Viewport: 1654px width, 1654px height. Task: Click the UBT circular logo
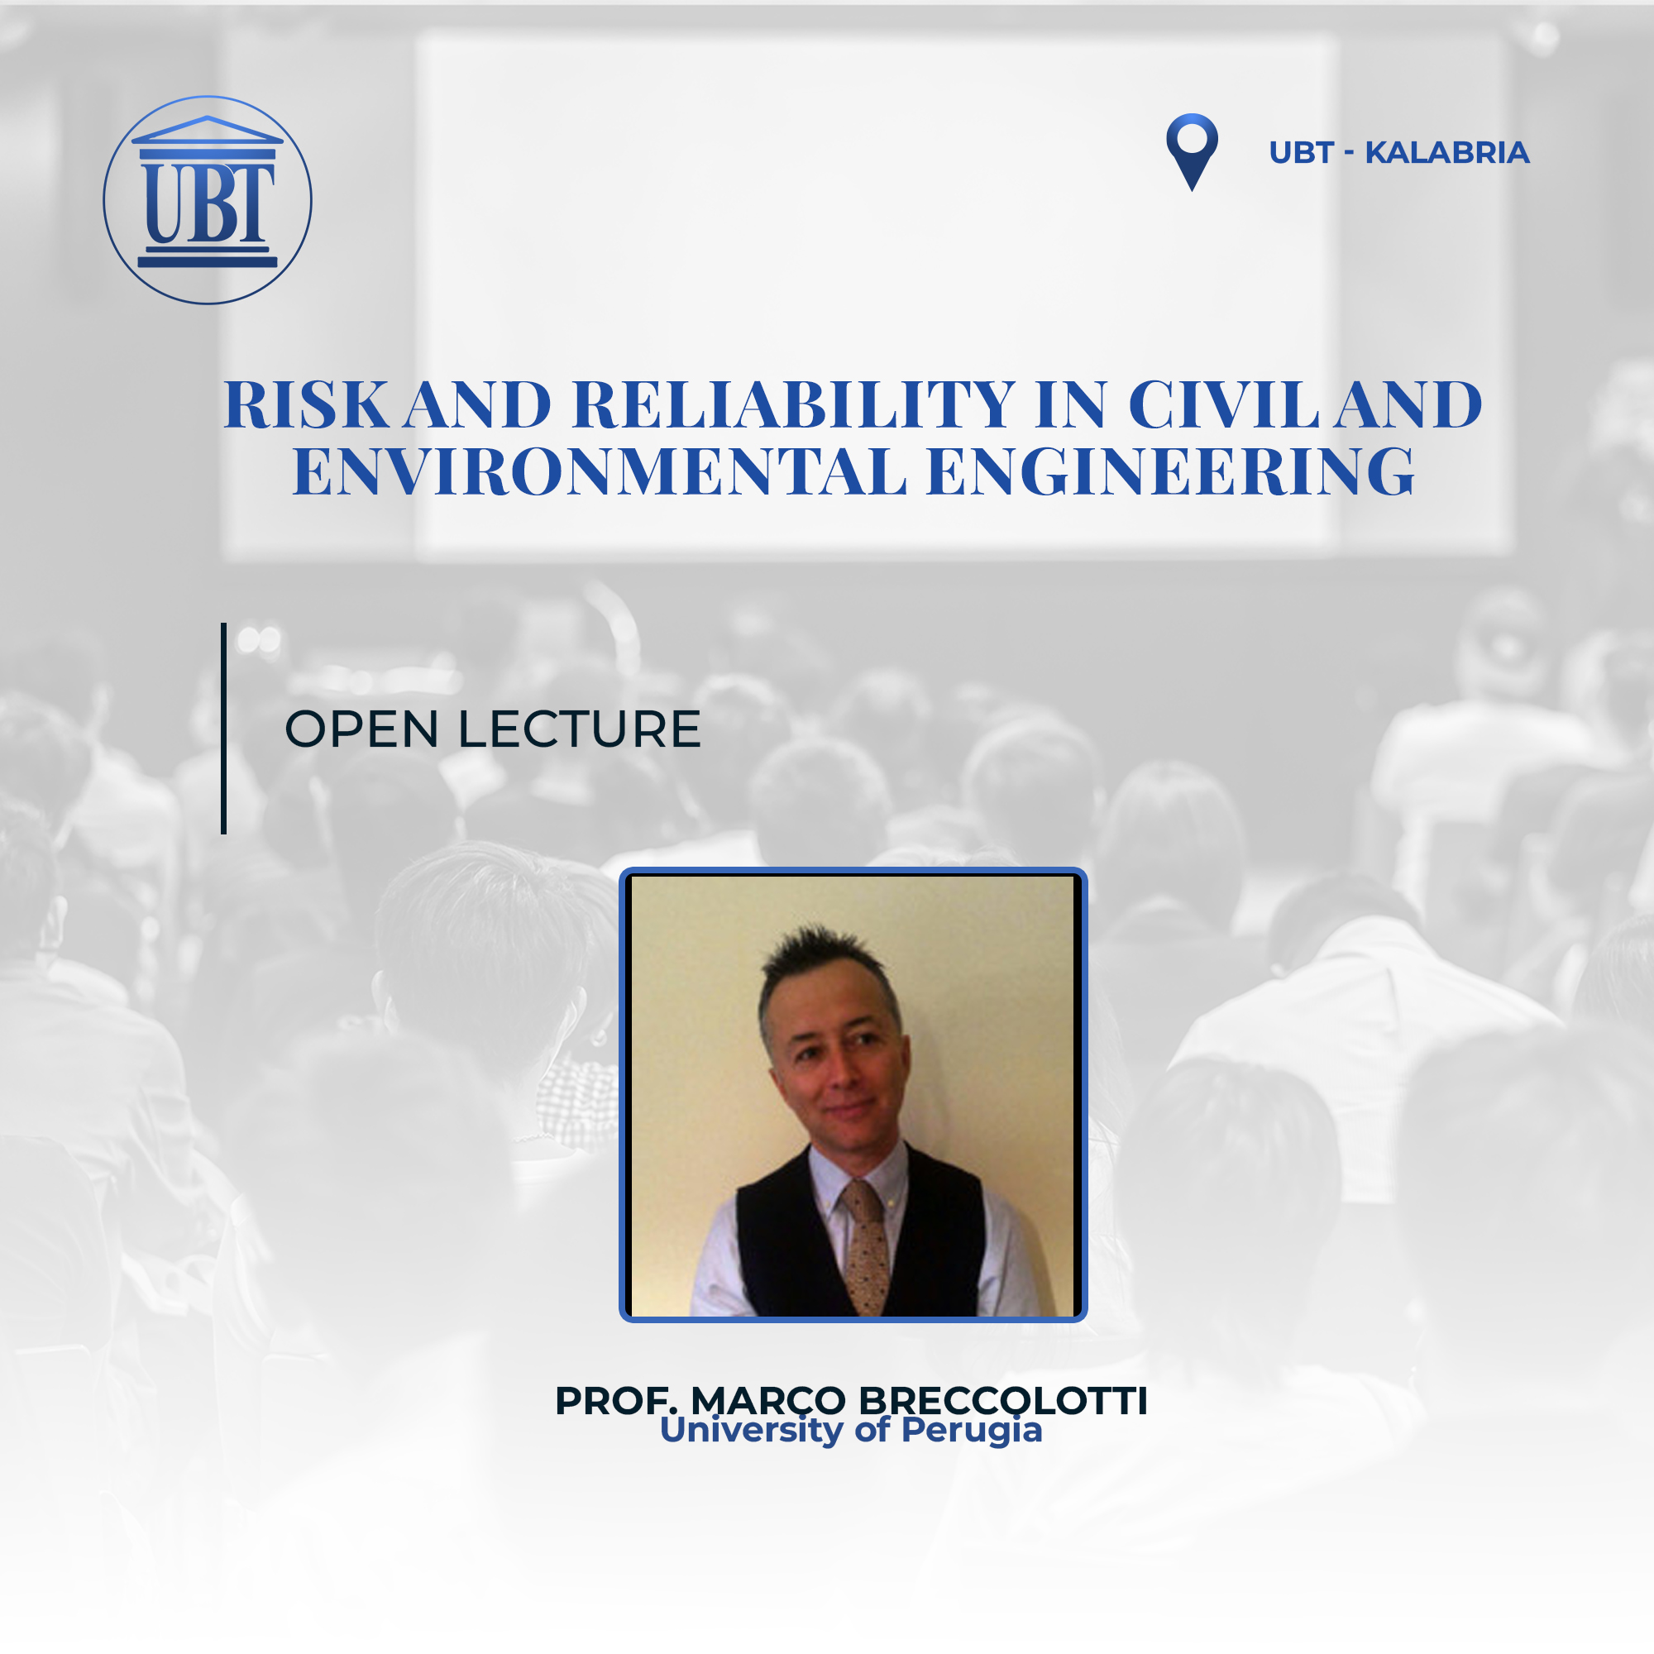click(x=208, y=199)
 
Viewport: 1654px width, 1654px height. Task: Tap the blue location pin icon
click(x=1192, y=151)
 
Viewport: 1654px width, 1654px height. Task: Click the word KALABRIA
click(x=1446, y=152)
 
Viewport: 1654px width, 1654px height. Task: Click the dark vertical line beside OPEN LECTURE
click(x=223, y=728)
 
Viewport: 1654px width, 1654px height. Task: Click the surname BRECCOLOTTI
click(x=1002, y=1402)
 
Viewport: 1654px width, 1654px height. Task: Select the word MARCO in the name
click(x=768, y=1402)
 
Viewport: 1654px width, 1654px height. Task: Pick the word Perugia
click(x=972, y=1431)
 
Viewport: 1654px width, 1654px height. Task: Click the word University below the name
click(x=752, y=1431)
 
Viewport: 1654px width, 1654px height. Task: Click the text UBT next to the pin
click(x=1301, y=152)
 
